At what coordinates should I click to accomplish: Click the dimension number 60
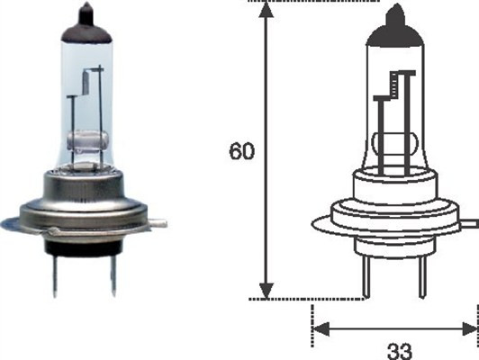coord(240,151)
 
